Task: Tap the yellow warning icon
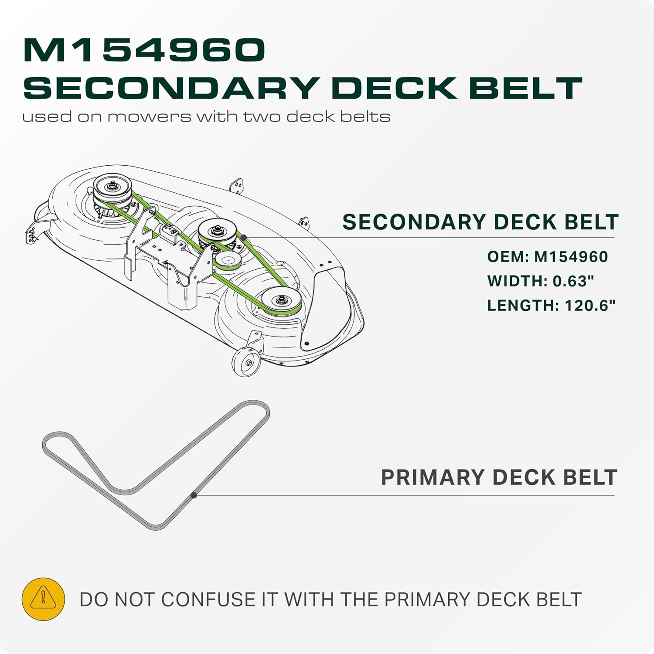click(x=43, y=599)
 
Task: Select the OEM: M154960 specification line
click(x=548, y=256)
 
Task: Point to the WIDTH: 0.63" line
click(x=541, y=281)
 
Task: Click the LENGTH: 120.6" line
click(x=552, y=305)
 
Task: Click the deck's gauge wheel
click(x=246, y=361)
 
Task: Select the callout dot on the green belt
click(x=244, y=237)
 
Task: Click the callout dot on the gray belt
click(x=194, y=495)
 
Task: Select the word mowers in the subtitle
click(x=149, y=116)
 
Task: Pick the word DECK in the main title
click(x=394, y=88)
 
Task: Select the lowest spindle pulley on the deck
click(x=281, y=300)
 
